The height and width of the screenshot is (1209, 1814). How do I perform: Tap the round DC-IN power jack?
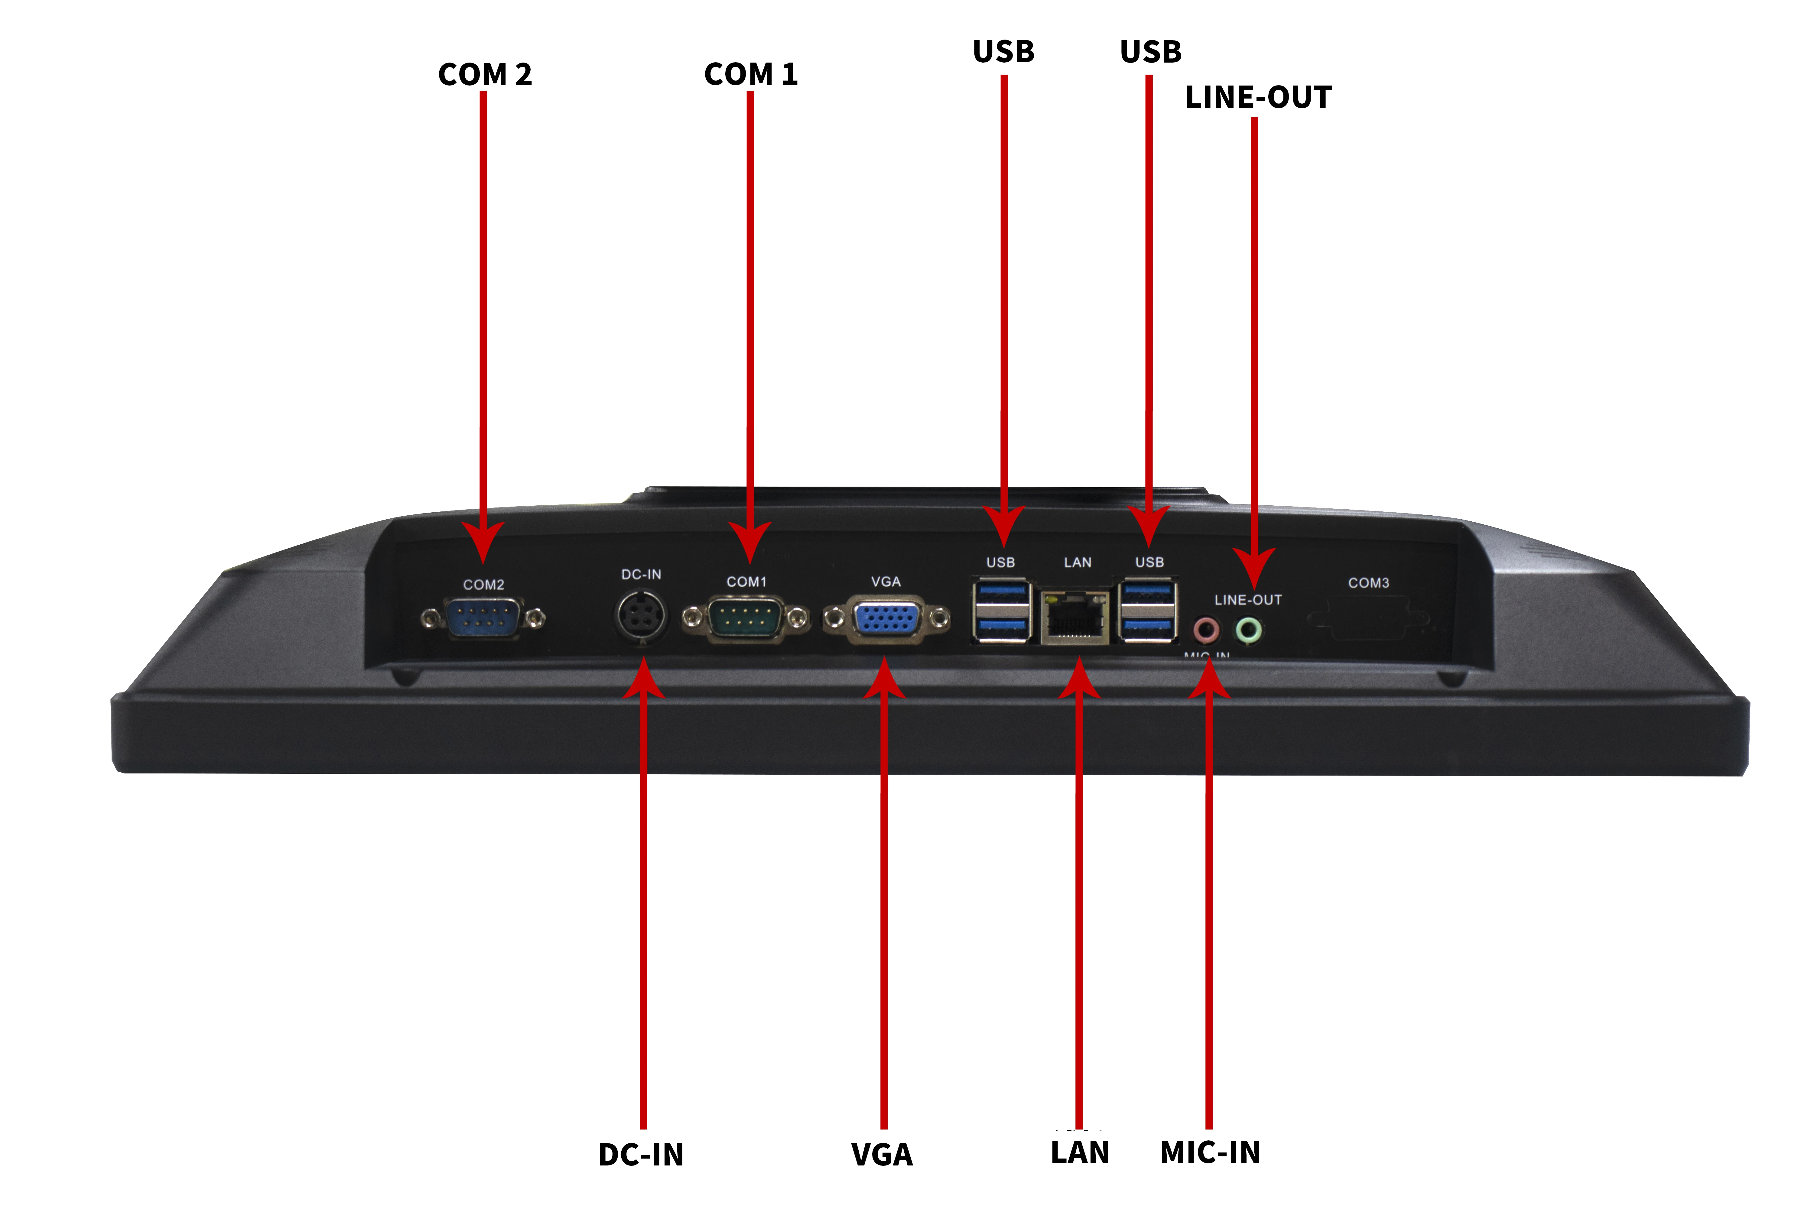642,616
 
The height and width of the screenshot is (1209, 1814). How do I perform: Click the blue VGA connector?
886,619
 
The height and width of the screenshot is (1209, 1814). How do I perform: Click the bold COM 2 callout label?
485,75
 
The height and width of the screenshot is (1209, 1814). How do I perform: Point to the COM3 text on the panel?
1368,583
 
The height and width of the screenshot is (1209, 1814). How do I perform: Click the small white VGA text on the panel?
886,581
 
